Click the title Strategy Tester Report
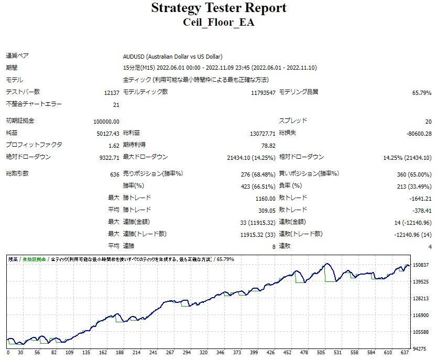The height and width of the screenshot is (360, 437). [x=218, y=8]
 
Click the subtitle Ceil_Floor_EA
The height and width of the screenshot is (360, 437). [x=218, y=23]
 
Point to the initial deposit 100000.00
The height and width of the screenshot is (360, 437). [x=106, y=121]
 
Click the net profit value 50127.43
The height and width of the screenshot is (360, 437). [x=108, y=134]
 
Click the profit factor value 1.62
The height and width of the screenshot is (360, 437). [x=114, y=146]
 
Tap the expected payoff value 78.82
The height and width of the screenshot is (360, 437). [x=268, y=146]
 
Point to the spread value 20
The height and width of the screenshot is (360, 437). [x=428, y=121]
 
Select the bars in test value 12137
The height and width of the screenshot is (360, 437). [x=112, y=93]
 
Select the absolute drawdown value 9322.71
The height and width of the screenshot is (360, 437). [x=108, y=158]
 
